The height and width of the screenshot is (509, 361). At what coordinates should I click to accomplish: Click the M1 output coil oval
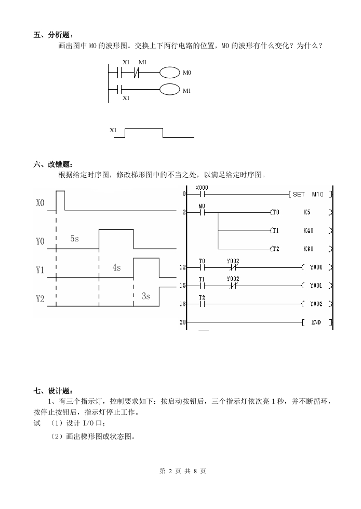[169, 90]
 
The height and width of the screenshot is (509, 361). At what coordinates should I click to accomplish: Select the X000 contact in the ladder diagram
[203, 194]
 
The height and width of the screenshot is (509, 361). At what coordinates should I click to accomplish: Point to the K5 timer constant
[307, 213]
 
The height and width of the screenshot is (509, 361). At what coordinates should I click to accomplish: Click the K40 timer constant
[309, 231]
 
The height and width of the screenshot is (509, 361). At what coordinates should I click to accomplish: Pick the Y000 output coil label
[316, 267]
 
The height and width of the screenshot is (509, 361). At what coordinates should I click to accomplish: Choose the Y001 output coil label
[316, 286]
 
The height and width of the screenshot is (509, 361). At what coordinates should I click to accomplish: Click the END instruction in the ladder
[316, 322]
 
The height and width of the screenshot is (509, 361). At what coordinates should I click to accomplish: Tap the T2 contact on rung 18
[203, 304]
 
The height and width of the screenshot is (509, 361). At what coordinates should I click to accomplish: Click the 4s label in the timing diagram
[116, 267]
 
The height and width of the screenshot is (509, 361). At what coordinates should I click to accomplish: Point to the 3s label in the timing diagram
[145, 296]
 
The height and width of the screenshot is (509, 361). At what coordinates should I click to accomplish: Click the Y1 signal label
[41, 271]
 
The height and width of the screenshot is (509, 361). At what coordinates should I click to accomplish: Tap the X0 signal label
[41, 203]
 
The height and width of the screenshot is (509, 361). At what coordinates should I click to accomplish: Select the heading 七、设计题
[54, 390]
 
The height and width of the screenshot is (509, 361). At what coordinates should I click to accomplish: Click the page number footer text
[180, 471]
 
